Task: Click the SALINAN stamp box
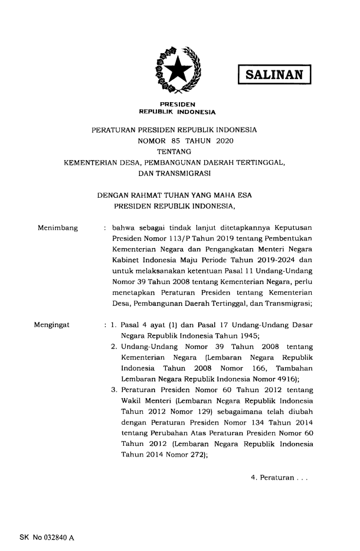(273, 74)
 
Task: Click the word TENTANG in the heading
(177, 152)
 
